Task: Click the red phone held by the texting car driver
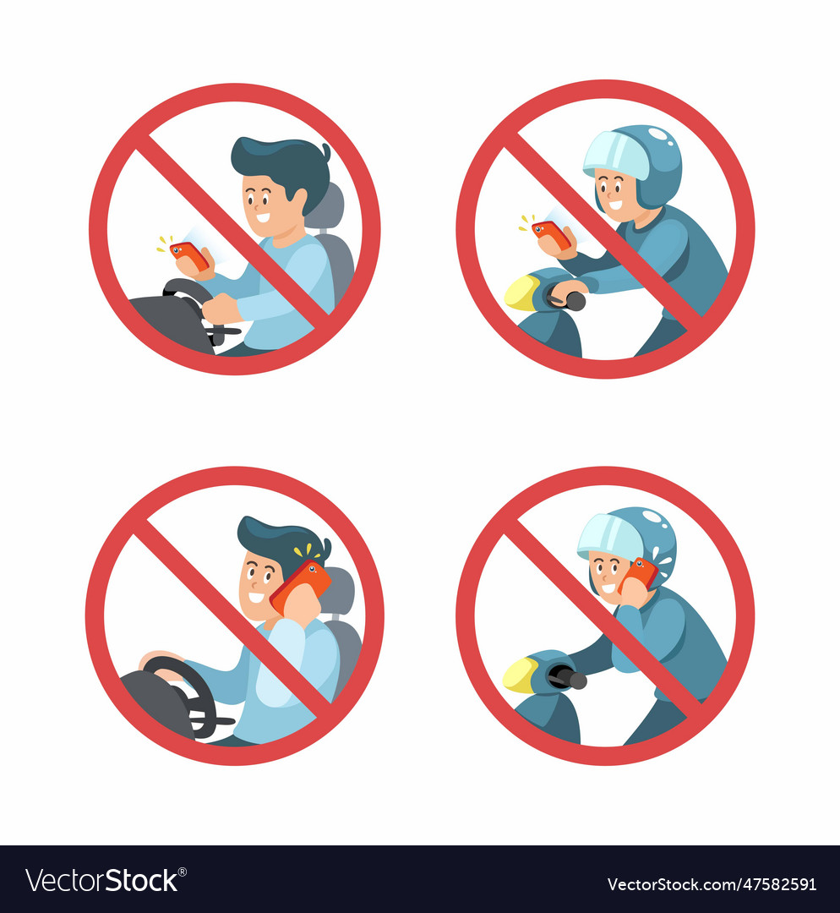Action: (188, 254)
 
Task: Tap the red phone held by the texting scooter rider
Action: (550, 233)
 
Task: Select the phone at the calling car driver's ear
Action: (300, 585)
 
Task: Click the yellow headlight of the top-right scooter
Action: (521, 292)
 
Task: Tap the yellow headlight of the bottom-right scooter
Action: (520, 675)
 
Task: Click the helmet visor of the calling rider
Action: (610, 538)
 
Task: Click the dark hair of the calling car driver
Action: (279, 539)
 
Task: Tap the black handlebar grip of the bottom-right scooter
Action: (568, 677)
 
